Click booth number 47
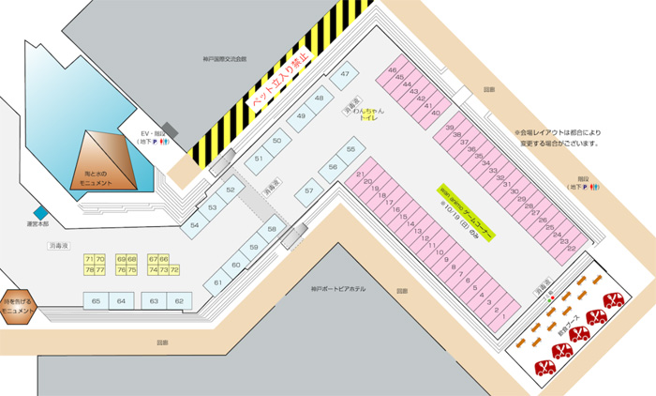(x=346, y=73)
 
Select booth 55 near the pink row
(x=351, y=149)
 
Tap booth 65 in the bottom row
(x=96, y=301)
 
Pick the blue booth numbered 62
(x=179, y=301)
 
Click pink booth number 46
(x=392, y=70)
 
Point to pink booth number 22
(x=571, y=248)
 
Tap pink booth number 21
(x=361, y=175)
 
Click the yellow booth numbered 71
(x=89, y=258)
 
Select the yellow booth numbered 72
(x=174, y=269)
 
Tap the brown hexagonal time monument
(x=18, y=305)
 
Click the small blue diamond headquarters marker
(x=40, y=212)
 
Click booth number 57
(x=308, y=192)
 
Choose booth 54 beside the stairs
(x=195, y=225)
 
